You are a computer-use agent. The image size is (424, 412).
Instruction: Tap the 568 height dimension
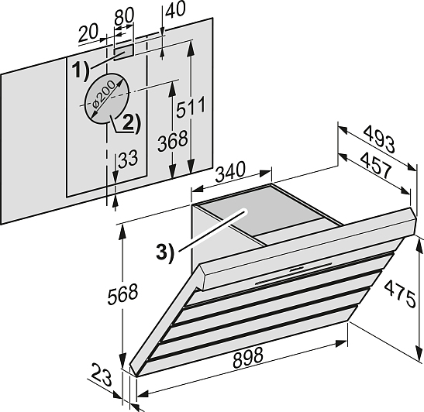tap(122, 294)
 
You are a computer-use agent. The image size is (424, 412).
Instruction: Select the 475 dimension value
tap(400, 294)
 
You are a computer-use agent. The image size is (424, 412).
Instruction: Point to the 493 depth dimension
tap(379, 139)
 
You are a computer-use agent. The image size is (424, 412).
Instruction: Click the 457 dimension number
tap(376, 165)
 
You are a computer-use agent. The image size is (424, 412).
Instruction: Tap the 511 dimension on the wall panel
tap(191, 107)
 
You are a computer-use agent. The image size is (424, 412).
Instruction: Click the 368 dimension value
tap(173, 141)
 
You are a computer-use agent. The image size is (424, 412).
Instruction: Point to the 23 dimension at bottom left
tap(101, 375)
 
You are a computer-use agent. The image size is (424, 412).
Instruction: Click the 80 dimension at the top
tap(124, 16)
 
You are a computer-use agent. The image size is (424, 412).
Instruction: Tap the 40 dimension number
tap(175, 9)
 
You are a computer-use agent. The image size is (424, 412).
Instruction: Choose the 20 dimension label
tap(88, 33)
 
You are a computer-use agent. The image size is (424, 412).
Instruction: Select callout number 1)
tap(81, 70)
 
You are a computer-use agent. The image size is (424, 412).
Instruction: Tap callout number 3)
tap(164, 252)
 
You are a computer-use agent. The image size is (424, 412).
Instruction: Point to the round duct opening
tap(107, 98)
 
